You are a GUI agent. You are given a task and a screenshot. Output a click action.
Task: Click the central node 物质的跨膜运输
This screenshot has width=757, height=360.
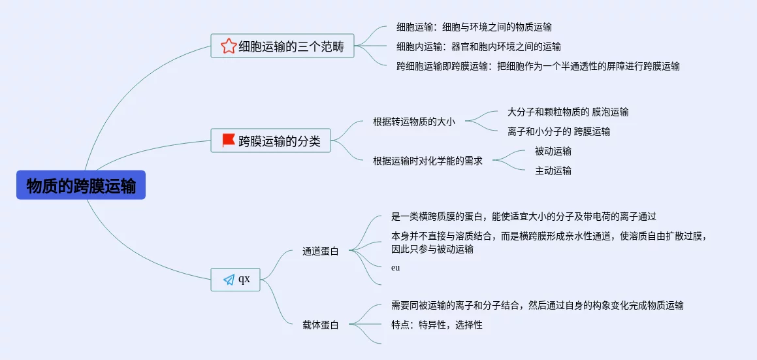[x=81, y=186]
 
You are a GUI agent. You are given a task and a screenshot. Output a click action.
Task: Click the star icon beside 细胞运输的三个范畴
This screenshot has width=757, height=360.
[x=228, y=46]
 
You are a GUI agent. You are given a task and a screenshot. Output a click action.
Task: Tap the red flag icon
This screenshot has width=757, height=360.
[x=229, y=140]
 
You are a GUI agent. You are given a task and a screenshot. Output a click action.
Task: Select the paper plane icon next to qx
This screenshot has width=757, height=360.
[x=229, y=280]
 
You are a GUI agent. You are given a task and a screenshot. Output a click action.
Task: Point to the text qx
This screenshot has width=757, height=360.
[x=244, y=279]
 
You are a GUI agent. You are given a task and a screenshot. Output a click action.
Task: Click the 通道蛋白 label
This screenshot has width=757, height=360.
[x=320, y=251]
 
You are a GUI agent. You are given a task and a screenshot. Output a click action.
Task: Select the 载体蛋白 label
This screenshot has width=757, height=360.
[x=320, y=325]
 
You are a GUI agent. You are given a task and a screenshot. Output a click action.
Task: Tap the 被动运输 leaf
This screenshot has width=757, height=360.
[x=553, y=151]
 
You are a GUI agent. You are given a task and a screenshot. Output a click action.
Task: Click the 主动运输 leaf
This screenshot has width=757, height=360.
[x=553, y=171]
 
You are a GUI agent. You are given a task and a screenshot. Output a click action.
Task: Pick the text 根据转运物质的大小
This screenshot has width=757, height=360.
[x=413, y=122]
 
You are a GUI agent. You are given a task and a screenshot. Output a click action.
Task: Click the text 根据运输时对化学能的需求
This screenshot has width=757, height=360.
[x=427, y=161]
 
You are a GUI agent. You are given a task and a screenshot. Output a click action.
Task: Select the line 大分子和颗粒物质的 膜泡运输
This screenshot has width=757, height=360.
[x=568, y=112]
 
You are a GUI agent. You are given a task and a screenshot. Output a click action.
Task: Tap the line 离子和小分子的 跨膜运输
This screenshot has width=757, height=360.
[x=558, y=131]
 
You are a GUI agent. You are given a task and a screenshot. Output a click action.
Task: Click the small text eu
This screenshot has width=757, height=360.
[x=395, y=267]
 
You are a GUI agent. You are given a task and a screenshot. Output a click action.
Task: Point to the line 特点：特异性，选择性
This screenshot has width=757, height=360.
[x=436, y=325]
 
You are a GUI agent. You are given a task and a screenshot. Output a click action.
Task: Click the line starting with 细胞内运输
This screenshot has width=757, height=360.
[x=478, y=46]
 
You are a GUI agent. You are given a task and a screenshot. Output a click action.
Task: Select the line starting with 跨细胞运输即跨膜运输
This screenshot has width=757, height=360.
[x=538, y=66]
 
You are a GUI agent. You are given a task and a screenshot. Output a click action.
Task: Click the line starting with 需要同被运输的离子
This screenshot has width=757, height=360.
[x=537, y=305]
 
